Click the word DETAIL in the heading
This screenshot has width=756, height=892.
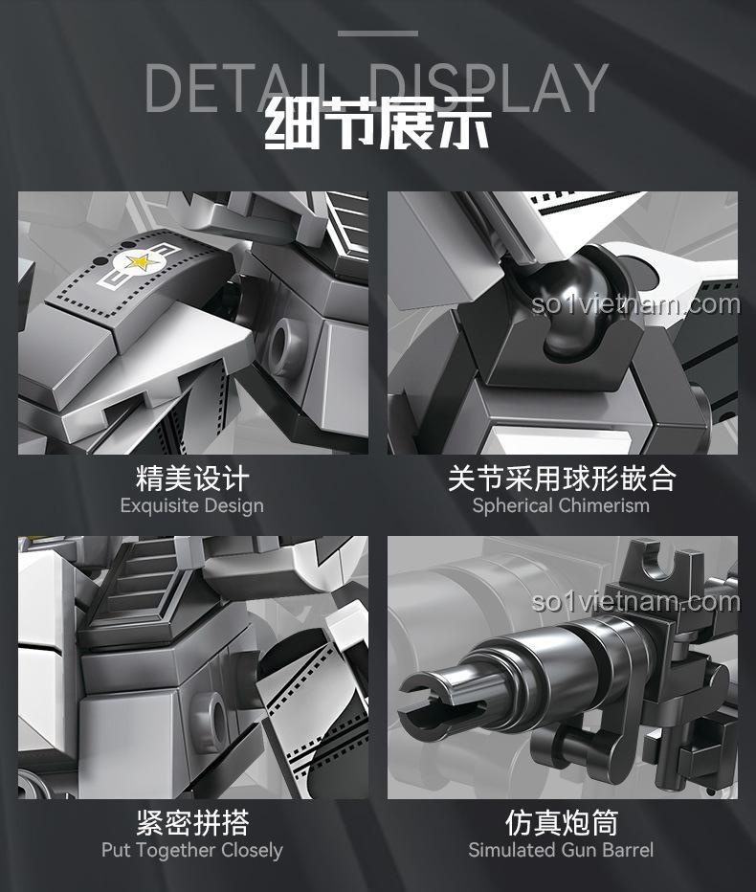[240, 87]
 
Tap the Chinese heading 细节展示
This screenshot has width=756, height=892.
[378, 124]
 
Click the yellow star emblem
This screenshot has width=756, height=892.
[138, 262]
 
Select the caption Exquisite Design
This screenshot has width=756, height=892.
[191, 505]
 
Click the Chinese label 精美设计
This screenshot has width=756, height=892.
[192, 478]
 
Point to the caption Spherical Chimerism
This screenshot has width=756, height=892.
[561, 505]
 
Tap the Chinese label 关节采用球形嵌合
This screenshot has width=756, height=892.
[562, 478]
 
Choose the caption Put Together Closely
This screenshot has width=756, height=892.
[191, 850]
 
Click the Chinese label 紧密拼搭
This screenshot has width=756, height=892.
[192, 822]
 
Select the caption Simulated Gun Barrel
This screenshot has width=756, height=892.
[561, 850]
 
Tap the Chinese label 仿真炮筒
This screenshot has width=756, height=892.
[562, 822]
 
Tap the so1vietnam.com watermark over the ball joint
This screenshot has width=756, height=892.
[635, 304]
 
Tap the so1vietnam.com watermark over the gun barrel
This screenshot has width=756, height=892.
[635, 602]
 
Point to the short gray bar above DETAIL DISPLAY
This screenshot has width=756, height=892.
[378, 33]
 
